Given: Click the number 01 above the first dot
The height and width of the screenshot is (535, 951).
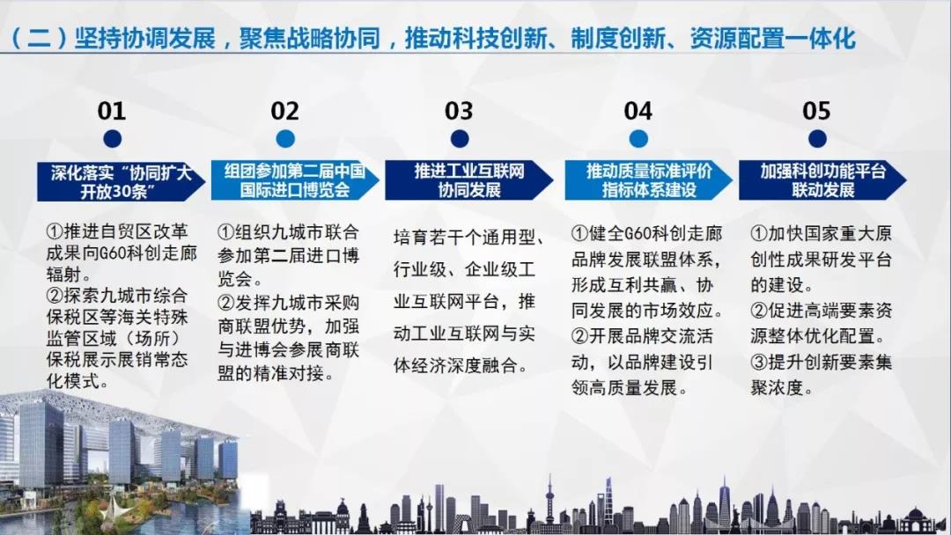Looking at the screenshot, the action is point(112,111).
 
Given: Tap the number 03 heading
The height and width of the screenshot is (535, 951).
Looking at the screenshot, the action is point(459,111).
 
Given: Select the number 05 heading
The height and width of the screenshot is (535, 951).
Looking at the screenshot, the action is point(816,111).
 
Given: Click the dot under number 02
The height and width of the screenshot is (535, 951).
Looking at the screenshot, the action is point(285,139).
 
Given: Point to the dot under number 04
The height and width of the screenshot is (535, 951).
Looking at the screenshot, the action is point(638,139).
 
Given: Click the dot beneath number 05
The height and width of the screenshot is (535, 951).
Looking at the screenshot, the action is point(817,139).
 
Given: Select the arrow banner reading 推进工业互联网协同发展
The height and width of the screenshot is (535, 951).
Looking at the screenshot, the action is point(468,180).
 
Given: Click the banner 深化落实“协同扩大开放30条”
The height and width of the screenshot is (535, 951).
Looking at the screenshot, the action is point(121,181).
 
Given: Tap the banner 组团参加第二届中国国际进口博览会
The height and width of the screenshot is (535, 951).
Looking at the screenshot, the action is point(295,180).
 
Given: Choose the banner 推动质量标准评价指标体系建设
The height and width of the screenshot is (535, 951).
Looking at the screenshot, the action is point(648,180).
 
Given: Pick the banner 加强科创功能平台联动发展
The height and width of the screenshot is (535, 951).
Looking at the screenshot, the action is point(822,180).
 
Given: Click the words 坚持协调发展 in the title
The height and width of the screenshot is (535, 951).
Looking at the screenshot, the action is point(145,38).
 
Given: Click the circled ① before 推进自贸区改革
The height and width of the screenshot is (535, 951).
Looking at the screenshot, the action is point(55,231).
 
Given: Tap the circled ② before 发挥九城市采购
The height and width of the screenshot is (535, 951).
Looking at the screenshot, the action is point(226,303).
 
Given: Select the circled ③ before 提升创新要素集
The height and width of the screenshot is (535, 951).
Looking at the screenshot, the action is point(759,363).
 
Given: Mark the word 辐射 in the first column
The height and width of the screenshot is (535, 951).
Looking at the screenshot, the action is point(63,274).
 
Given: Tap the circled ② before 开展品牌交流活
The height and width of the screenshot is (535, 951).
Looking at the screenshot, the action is point(579,336).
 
